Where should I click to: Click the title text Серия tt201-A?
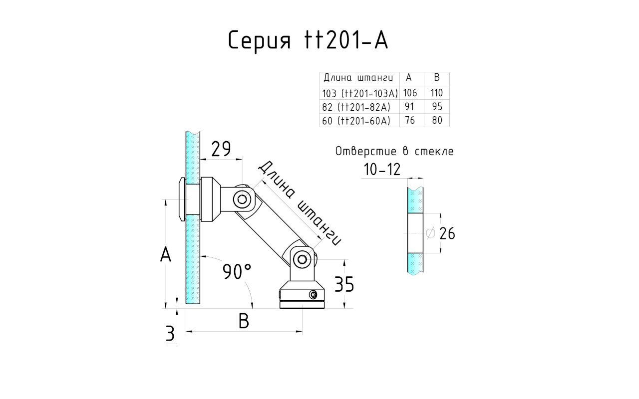pyautogui.click(x=308, y=40)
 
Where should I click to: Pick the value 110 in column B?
pyautogui.click(x=437, y=93)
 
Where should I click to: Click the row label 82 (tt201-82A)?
pyautogui.click(x=356, y=107)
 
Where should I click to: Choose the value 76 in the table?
pyautogui.click(x=409, y=120)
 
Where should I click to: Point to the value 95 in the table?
pyautogui.click(x=437, y=107)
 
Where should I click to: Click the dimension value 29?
pyautogui.click(x=221, y=149)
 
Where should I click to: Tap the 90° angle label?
pyautogui.click(x=237, y=272)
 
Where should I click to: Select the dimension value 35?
pyautogui.click(x=343, y=285)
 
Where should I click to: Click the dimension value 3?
pyautogui.click(x=170, y=334)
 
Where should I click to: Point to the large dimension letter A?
pyautogui.click(x=166, y=255)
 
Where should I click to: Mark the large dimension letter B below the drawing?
pyautogui.click(x=243, y=322)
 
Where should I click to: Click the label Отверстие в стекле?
pyautogui.click(x=394, y=152)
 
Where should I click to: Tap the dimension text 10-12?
pyautogui.click(x=382, y=170)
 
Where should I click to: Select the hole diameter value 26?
pyautogui.click(x=447, y=233)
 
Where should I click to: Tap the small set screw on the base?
pyautogui.click(x=313, y=295)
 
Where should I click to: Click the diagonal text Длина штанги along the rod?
pyautogui.click(x=300, y=203)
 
